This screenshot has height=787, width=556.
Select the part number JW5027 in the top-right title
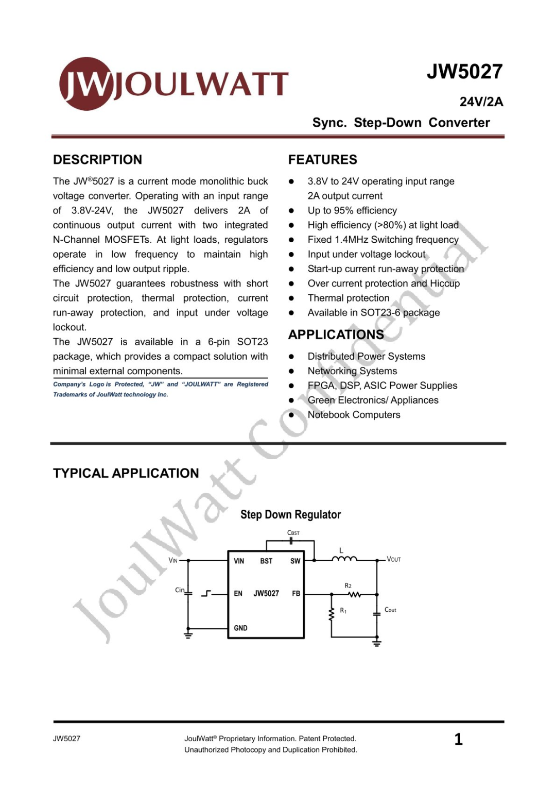click(464, 72)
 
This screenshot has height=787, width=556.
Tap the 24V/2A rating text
click(481, 102)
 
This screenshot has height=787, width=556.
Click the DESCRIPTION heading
click(97, 160)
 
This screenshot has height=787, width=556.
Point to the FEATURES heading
click(322, 160)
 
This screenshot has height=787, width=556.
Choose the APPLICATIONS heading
click(336, 335)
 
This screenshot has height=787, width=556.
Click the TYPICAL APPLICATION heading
click(126, 473)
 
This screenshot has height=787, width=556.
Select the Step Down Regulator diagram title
click(290, 514)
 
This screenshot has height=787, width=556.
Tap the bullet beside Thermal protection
click(291, 298)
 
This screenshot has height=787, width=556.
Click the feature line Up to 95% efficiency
click(352, 210)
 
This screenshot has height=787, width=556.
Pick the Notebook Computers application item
click(354, 415)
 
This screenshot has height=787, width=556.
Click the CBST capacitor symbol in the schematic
click(291, 541)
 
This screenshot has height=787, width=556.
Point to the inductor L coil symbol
click(344, 559)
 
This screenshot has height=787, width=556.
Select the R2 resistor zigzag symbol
click(354, 594)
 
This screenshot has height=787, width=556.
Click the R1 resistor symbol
click(332, 614)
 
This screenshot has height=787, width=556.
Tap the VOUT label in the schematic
click(394, 559)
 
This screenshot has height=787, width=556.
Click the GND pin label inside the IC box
click(240, 628)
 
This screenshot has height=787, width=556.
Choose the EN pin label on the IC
click(238, 594)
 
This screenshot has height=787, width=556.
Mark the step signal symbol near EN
click(206, 594)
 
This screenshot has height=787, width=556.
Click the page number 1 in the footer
click(458, 740)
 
